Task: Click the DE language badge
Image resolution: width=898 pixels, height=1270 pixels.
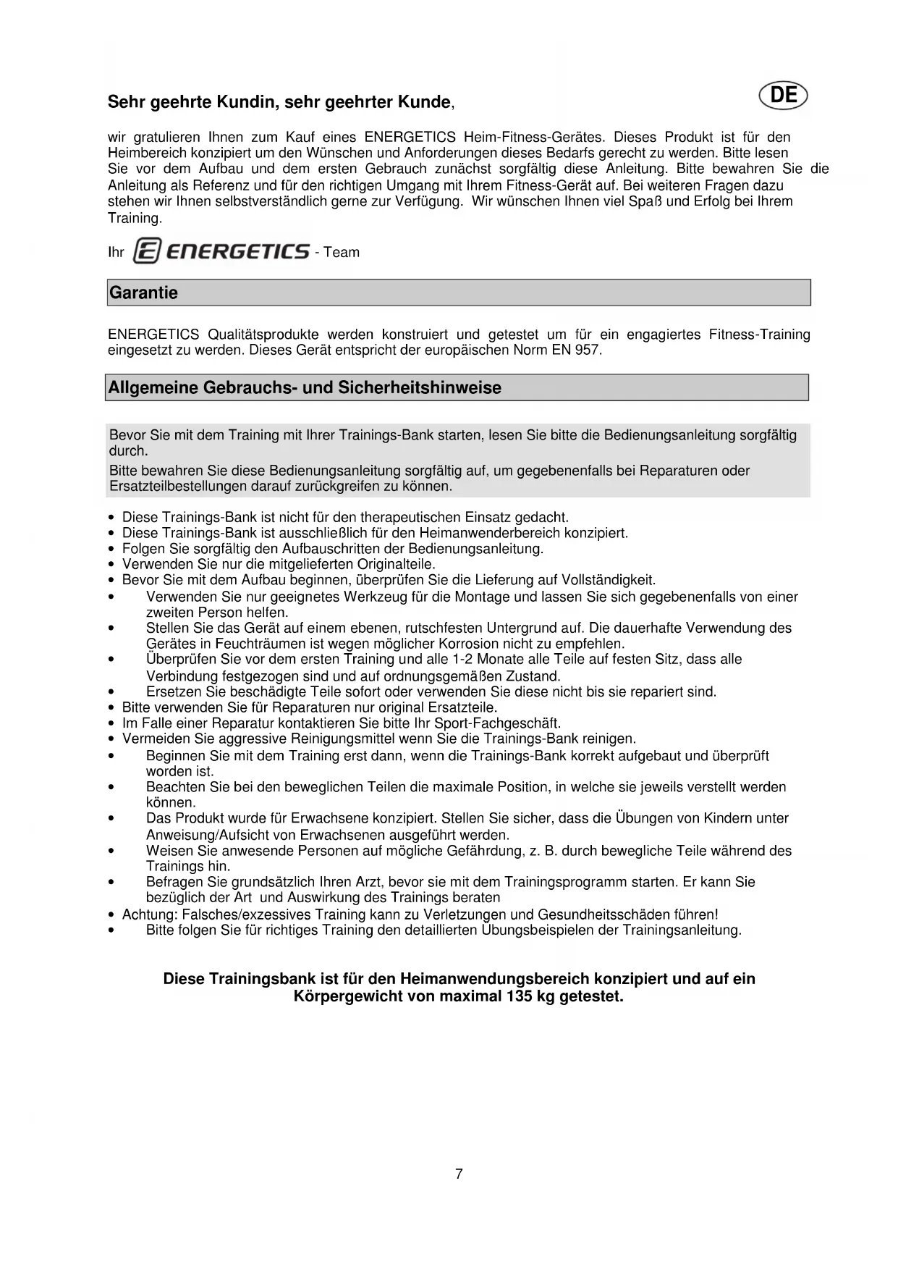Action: point(784,96)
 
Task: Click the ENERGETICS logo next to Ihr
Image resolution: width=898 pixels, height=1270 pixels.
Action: point(222,251)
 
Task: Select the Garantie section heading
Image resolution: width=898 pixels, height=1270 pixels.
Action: point(143,293)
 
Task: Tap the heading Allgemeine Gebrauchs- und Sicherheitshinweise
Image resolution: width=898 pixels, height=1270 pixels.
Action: point(305,387)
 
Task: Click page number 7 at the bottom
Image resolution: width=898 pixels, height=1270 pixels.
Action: point(459,1174)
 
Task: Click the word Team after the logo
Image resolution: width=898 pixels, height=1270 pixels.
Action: point(342,252)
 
